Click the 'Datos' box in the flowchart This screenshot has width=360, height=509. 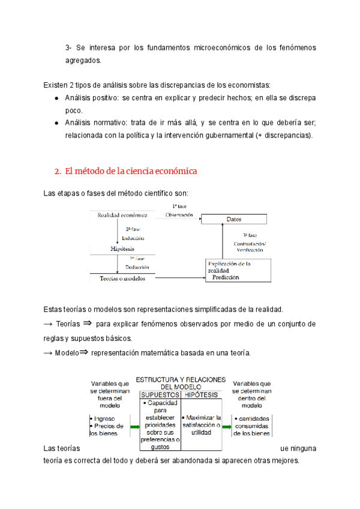[x=233, y=220]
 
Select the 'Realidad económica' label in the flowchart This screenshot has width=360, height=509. [x=118, y=214]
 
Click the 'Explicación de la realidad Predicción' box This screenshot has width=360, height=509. [x=238, y=271]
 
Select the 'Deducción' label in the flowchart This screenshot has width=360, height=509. [x=137, y=267]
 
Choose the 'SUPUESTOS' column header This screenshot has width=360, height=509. [x=160, y=395]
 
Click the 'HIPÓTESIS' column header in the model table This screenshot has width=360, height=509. [x=202, y=395]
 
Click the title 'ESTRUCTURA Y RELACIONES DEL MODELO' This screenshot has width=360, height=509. [x=181, y=383]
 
